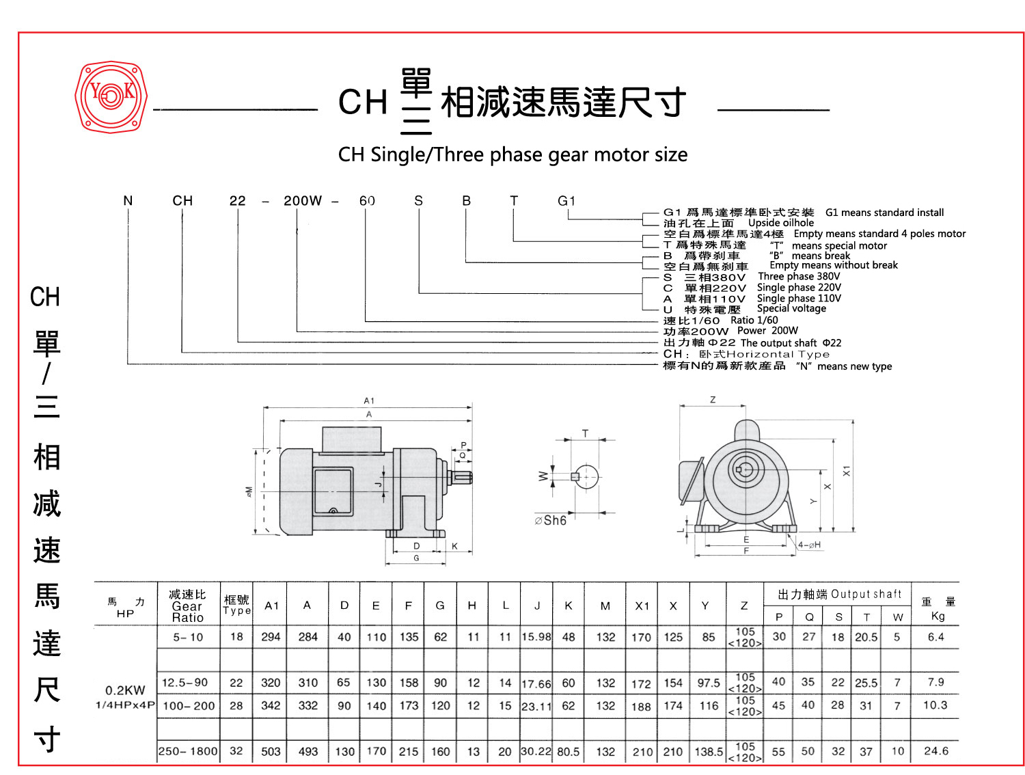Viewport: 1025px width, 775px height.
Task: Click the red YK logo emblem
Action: tap(111, 96)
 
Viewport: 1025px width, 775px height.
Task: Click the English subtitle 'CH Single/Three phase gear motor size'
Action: tap(512, 155)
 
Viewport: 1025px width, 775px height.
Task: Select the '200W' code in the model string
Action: tap(302, 201)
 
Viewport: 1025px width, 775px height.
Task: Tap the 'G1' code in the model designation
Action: tap(566, 201)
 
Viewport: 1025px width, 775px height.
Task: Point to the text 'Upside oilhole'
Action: tap(781, 223)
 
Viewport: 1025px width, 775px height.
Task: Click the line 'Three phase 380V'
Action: tap(799, 277)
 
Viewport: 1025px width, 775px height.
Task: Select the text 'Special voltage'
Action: tap(791, 309)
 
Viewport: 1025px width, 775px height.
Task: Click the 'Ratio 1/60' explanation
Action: tap(754, 320)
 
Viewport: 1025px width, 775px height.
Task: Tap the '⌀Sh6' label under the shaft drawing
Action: tap(551, 521)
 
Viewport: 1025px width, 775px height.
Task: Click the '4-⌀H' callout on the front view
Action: tap(810, 545)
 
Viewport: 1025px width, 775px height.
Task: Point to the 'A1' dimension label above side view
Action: tap(369, 400)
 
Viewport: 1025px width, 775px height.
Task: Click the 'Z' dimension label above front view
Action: tap(713, 400)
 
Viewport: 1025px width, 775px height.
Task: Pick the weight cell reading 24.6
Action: tap(935, 751)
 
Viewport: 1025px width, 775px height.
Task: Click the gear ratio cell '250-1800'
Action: tap(188, 751)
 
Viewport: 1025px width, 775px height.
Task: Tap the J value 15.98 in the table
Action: tap(536, 637)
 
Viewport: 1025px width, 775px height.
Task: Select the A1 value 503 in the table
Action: tap(271, 751)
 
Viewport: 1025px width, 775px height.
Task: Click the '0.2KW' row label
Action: tap(125, 690)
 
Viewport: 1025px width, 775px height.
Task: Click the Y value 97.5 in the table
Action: tap(709, 683)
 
